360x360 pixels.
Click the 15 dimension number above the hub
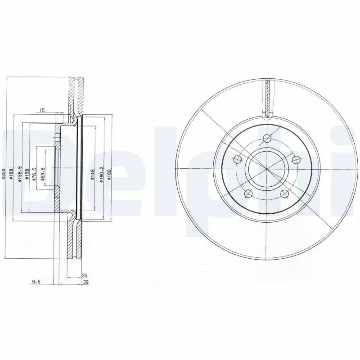click(x=42, y=110)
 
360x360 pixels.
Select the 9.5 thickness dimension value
click(x=36, y=282)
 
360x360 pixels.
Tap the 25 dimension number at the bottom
click(x=84, y=275)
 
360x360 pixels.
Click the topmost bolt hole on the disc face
click(x=267, y=138)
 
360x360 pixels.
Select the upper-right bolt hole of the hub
click(x=296, y=159)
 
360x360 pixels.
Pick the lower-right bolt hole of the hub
click(x=285, y=193)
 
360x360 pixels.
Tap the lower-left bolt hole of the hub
click(x=248, y=193)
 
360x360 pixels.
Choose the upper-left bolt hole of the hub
click(x=237, y=159)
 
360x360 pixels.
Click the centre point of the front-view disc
click(x=266, y=169)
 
